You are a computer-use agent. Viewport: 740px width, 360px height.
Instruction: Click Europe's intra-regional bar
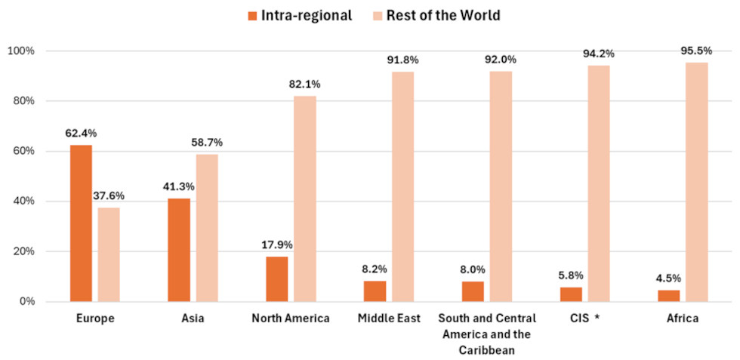[x=81, y=223]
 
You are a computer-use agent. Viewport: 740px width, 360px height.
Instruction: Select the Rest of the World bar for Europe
[x=109, y=254]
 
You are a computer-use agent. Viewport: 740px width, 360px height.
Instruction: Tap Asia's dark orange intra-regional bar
[x=179, y=250]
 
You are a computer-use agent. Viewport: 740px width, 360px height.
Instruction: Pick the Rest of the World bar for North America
[x=305, y=198]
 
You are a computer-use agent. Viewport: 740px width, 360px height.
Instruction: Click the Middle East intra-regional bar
[x=375, y=291]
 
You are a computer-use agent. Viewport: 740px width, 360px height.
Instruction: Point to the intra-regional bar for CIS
[x=571, y=294]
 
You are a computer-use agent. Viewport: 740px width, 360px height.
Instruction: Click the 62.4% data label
[x=81, y=134]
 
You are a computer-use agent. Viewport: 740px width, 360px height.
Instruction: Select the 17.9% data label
[x=277, y=245]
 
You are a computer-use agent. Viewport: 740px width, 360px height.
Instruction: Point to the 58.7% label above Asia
[x=207, y=143]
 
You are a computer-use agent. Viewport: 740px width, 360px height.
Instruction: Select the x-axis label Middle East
[x=389, y=318]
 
